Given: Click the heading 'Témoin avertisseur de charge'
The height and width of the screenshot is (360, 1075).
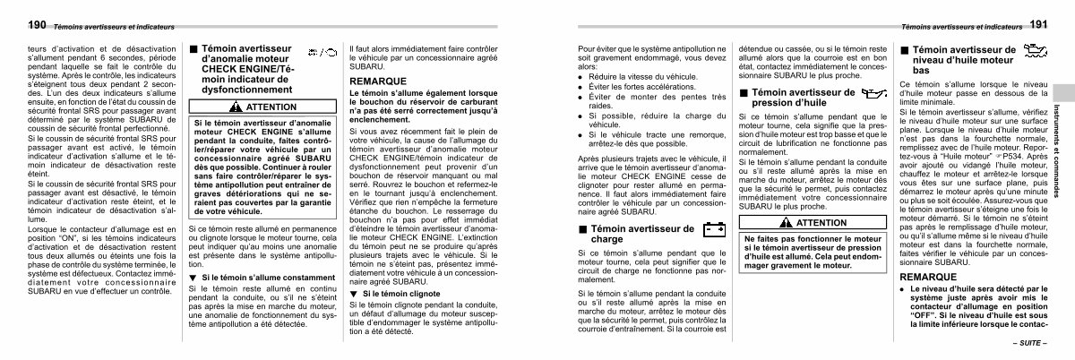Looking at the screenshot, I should click(638, 234).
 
